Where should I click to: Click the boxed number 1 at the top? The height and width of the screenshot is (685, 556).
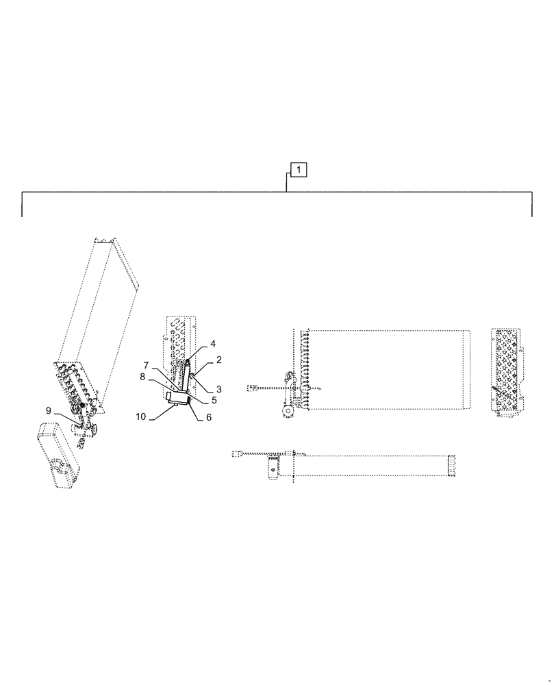[300, 169]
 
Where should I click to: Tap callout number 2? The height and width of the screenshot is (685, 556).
[218, 360]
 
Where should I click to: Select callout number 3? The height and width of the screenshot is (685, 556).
[218, 389]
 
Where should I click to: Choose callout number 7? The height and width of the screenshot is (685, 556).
[146, 364]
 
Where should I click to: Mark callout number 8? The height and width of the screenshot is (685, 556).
[142, 376]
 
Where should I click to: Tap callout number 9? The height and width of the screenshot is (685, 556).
[49, 411]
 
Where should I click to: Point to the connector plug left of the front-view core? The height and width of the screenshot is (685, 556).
[252, 388]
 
